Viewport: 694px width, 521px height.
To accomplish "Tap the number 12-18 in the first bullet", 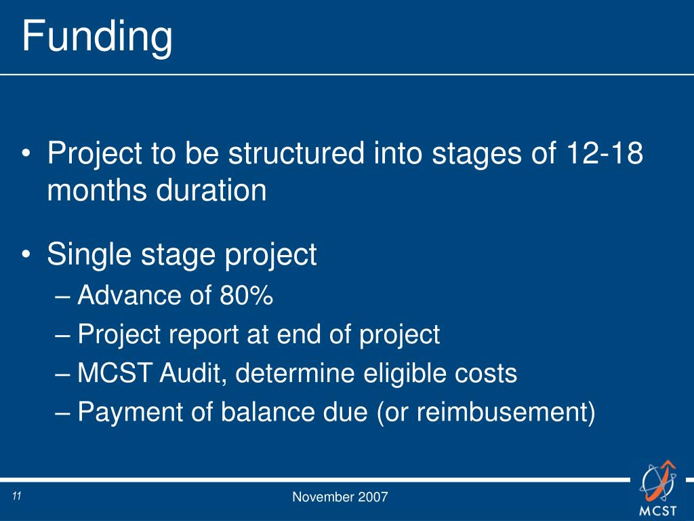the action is point(604,153).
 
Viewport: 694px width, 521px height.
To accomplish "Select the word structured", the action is point(296,153).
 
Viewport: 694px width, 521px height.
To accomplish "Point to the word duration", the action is point(211,190).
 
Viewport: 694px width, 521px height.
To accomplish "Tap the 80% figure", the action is point(246,295).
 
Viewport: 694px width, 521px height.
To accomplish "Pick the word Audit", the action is point(193,373).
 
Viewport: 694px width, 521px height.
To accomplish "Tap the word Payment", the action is point(130,412).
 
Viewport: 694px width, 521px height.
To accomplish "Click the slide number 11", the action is point(17,496).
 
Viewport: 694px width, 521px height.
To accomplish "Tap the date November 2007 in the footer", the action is point(340,497).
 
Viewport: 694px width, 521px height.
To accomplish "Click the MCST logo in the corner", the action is point(658,488).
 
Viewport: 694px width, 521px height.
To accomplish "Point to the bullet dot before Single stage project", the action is point(26,255).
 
